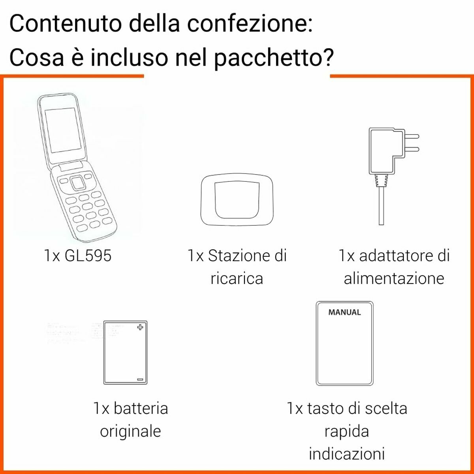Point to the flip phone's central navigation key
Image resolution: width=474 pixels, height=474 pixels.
click(78, 183)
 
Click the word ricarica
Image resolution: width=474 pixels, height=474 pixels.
click(237, 278)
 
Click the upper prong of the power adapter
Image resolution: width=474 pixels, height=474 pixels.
click(412, 137)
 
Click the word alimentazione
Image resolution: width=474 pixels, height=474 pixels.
click(394, 278)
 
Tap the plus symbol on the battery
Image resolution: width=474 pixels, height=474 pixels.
click(140, 327)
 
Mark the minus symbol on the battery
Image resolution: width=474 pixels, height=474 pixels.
click(140, 379)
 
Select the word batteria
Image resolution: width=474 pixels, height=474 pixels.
click(141, 408)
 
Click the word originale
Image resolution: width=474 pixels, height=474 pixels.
click(130, 431)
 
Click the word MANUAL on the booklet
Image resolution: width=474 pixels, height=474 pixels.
click(344, 312)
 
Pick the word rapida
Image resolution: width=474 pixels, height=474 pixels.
click(346, 431)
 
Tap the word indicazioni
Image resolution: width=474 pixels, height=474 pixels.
click(346, 453)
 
